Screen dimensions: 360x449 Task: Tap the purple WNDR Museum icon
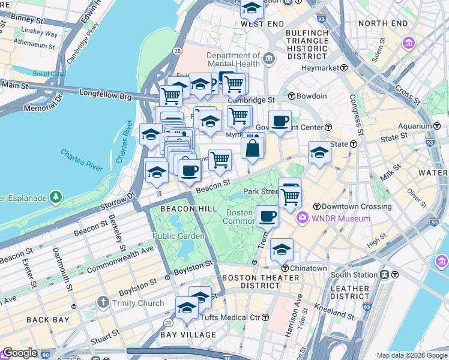point(303,218)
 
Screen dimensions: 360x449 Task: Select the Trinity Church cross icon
point(103,302)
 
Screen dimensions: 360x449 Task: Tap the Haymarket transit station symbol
point(344,68)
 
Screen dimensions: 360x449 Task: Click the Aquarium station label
point(415,126)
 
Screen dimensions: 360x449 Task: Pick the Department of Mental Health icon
point(268,59)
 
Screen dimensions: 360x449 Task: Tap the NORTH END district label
point(382,23)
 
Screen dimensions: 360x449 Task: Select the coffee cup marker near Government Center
point(280,121)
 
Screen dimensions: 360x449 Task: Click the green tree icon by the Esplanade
point(56,196)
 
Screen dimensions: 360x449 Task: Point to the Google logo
point(20,353)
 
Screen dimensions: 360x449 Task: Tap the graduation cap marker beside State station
point(320,152)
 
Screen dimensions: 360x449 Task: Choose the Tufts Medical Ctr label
point(230,317)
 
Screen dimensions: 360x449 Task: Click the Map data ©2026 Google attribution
point(412,355)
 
